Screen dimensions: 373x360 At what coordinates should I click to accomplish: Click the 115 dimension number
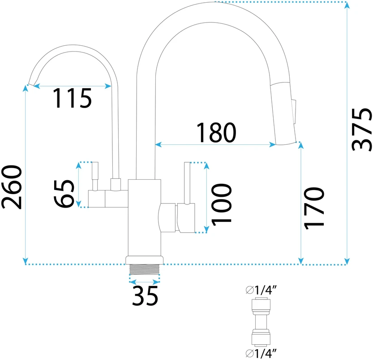[73, 98]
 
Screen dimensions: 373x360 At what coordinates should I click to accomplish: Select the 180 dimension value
[216, 132]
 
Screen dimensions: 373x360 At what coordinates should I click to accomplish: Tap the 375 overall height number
[362, 130]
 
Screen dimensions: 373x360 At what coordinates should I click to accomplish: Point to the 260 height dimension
[12, 187]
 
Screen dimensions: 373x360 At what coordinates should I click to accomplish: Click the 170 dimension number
[314, 208]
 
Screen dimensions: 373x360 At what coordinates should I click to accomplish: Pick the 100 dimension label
[221, 204]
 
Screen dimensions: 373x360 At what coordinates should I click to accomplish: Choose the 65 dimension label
[64, 193]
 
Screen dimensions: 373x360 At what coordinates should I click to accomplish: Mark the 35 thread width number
[145, 296]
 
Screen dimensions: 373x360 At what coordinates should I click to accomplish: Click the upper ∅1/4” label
[262, 290]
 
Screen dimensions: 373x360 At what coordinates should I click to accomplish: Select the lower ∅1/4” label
[262, 353]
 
